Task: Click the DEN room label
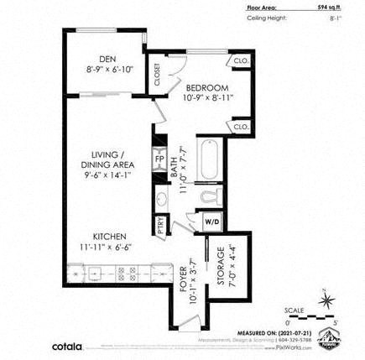tap(107, 59)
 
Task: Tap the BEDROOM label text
tap(207, 87)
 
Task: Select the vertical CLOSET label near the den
tap(157, 75)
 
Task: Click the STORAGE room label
tap(221, 265)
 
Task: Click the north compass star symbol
tap(326, 298)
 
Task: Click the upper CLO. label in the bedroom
tap(241, 60)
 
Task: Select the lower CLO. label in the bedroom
tap(241, 127)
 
